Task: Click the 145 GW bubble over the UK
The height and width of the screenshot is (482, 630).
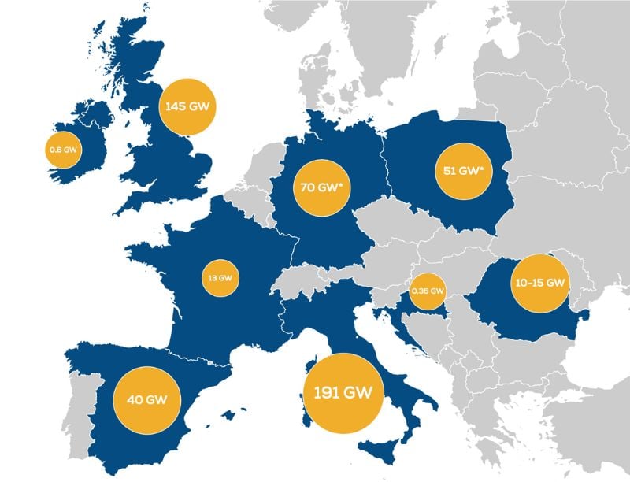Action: coord(188,106)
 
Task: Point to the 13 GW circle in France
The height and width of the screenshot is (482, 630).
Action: coord(221,277)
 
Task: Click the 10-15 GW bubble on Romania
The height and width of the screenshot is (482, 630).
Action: coord(539,283)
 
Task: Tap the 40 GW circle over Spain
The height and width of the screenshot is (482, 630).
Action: coord(147,399)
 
